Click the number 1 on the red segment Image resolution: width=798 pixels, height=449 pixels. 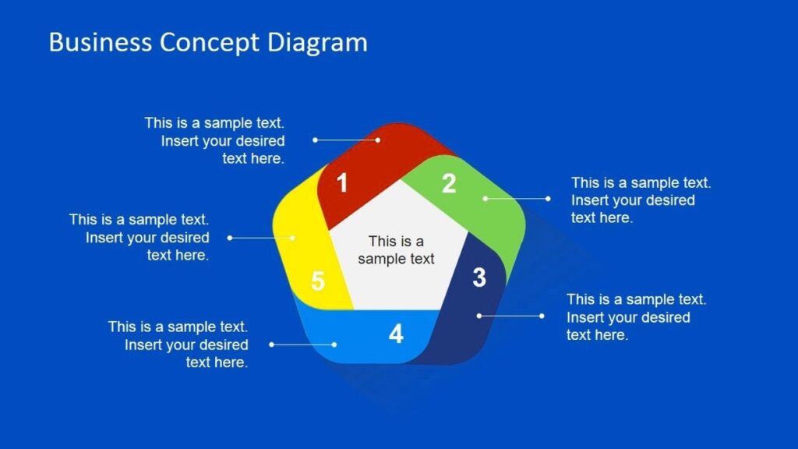click(x=341, y=184)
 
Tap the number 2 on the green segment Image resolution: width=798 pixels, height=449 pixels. click(x=449, y=184)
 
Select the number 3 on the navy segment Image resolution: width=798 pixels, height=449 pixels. click(x=479, y=277)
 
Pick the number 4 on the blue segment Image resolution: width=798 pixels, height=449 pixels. click(x=396, y=334)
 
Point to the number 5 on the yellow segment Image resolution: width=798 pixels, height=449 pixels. click(x=317, y=281)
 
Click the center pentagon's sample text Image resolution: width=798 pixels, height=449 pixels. click(x=396, y=250)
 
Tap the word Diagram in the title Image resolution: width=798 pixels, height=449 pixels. click(x=318, y=42)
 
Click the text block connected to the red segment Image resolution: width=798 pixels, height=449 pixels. click(x=215, y=140)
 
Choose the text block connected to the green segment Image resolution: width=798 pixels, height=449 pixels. click(x=641, y=200)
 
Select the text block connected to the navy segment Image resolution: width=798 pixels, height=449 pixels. click(x=636, y=317)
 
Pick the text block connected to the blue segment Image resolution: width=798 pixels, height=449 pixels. click(x=178, y=345)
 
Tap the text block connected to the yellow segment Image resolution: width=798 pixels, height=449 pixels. click(x=139, y=238)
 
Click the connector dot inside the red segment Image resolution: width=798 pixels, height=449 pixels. click(x=378, y=140)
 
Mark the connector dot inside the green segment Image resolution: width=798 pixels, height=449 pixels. click(x=485, y=199)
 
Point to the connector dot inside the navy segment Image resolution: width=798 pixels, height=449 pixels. click(x=479, y=316)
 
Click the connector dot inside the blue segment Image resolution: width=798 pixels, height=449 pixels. click(x=334, y=344)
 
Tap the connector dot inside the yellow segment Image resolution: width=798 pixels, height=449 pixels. click(x=293, y=237)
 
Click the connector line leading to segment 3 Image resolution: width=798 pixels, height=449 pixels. click(x=510, y=316)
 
